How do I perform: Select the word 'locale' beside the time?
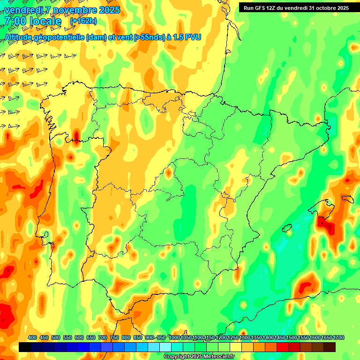point(45,21)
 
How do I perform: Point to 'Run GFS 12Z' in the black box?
point(261,7)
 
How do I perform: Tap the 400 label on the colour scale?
point(32,337)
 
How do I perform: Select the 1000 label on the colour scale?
point(174,337)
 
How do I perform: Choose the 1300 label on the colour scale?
point(245,337)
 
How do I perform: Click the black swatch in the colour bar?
point(25,347)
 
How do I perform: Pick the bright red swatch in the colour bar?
point(283,347)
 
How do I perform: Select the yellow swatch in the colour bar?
point(236,347)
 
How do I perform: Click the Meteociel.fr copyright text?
point(199,356)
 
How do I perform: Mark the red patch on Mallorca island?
point(326,224)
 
